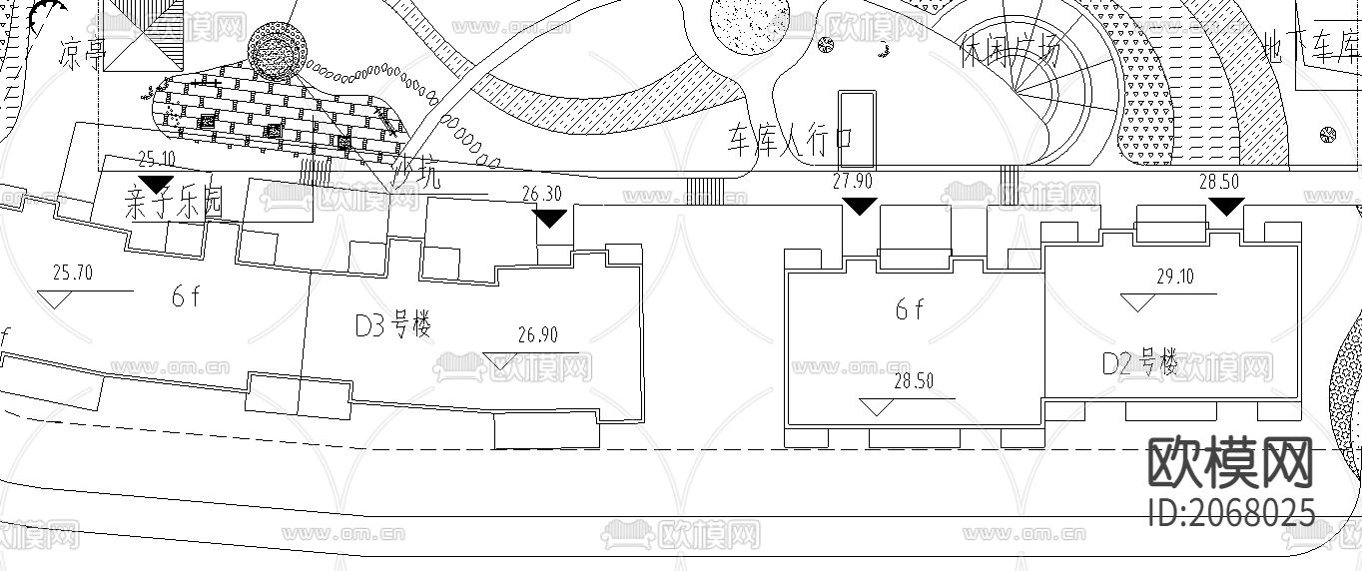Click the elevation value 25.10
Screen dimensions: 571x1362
point(156,159)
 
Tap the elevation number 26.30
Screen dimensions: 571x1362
point(541,195)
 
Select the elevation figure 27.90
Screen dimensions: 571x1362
point(852,181)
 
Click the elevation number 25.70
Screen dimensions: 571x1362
point(72,273)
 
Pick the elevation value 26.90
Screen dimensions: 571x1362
point(538,335)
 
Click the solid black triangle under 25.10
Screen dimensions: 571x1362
point(156,183)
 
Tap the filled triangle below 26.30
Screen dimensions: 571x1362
point(550,217)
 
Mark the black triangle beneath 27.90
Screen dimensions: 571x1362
point(860,205)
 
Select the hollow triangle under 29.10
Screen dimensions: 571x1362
point(1138,301)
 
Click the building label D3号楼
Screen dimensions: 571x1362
point(392,324)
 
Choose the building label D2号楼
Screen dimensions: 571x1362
point(1139,362)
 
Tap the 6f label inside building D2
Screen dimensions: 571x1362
point(909,309)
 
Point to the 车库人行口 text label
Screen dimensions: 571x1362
point(789,142)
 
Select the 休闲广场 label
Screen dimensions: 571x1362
point(1009,50)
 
